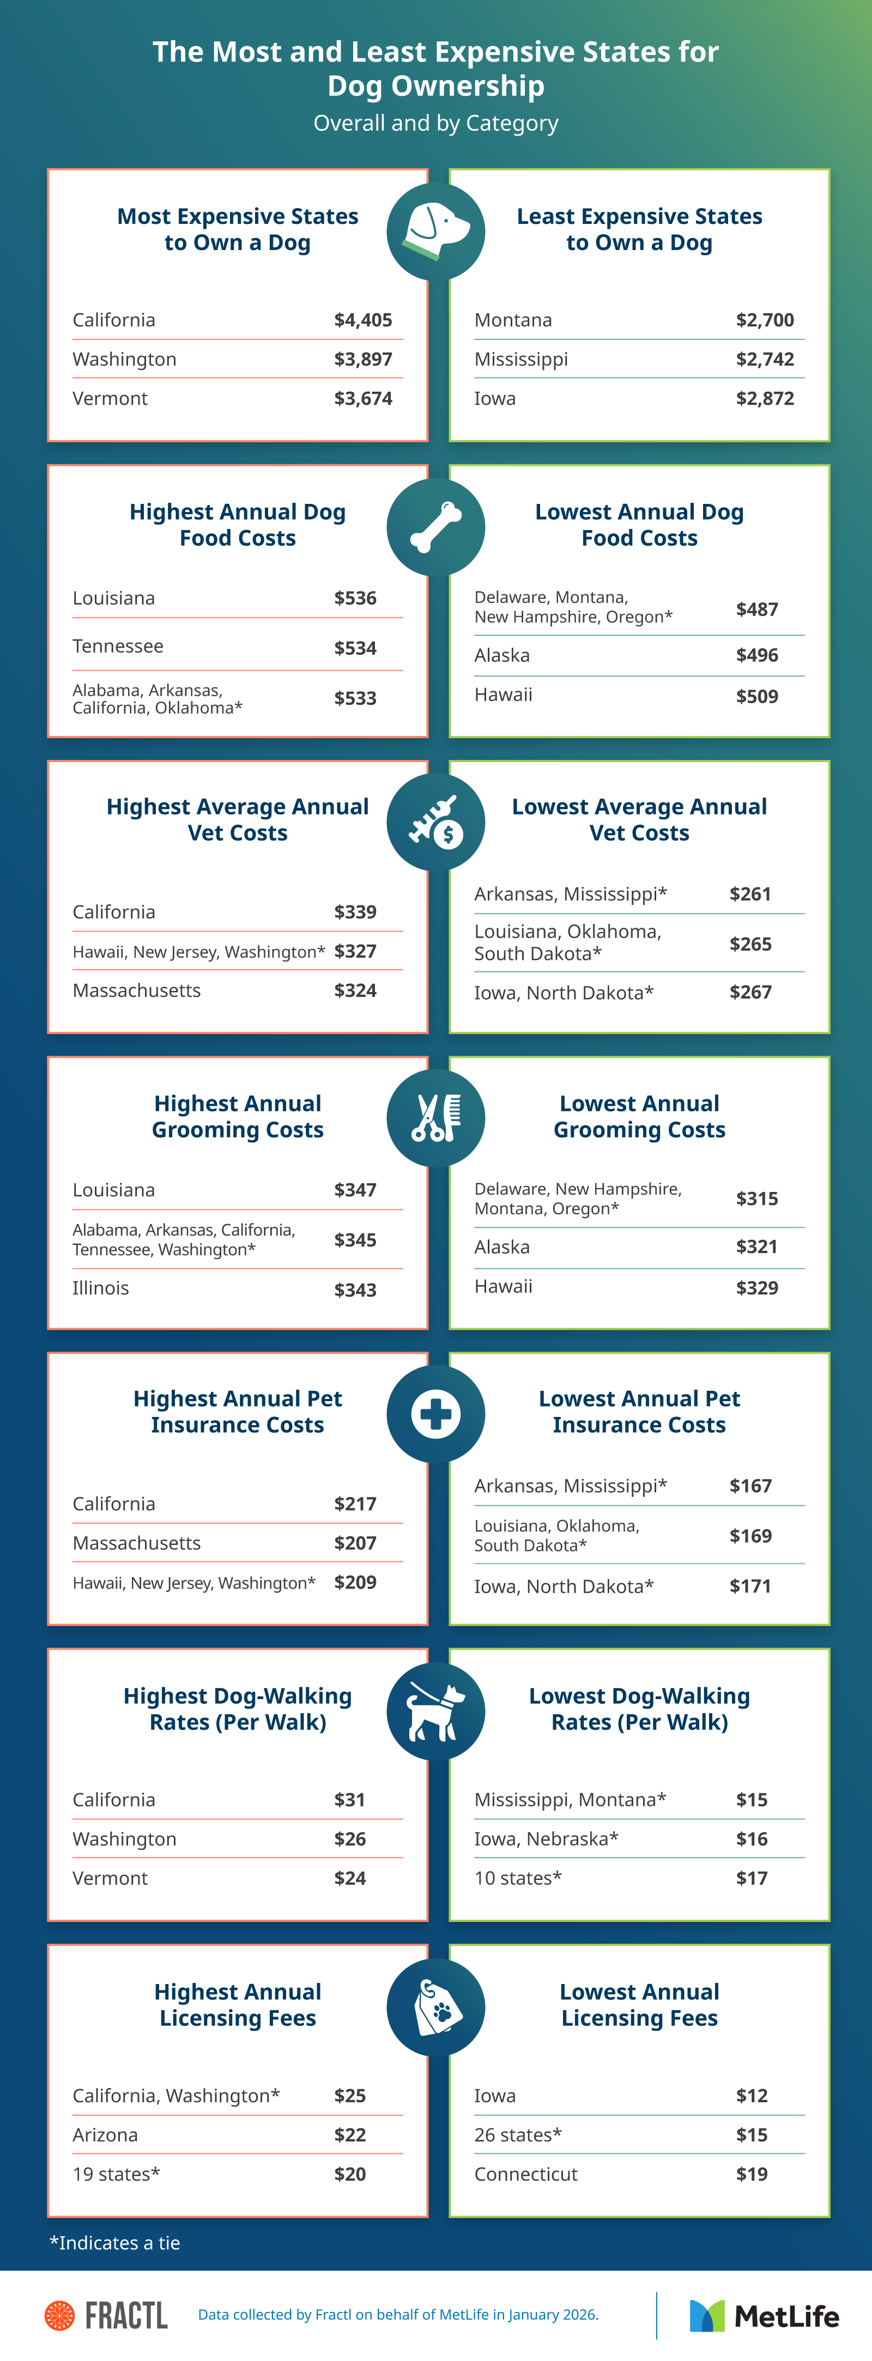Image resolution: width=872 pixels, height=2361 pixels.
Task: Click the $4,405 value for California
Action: coord(363,320)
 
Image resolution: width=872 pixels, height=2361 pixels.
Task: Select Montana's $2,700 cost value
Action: coord(765,320)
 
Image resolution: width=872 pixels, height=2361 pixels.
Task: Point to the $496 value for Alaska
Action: coord(756,655)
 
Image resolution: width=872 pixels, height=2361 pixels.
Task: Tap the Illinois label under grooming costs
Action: coord(101,1288)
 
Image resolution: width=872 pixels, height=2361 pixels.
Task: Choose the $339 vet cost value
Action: coord(355,912)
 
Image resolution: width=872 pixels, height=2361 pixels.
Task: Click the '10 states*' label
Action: coord(517,1878)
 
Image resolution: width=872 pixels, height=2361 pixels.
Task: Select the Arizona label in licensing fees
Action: coord(105,2134)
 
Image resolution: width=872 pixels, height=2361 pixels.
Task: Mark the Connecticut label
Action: coord(525,2174)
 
